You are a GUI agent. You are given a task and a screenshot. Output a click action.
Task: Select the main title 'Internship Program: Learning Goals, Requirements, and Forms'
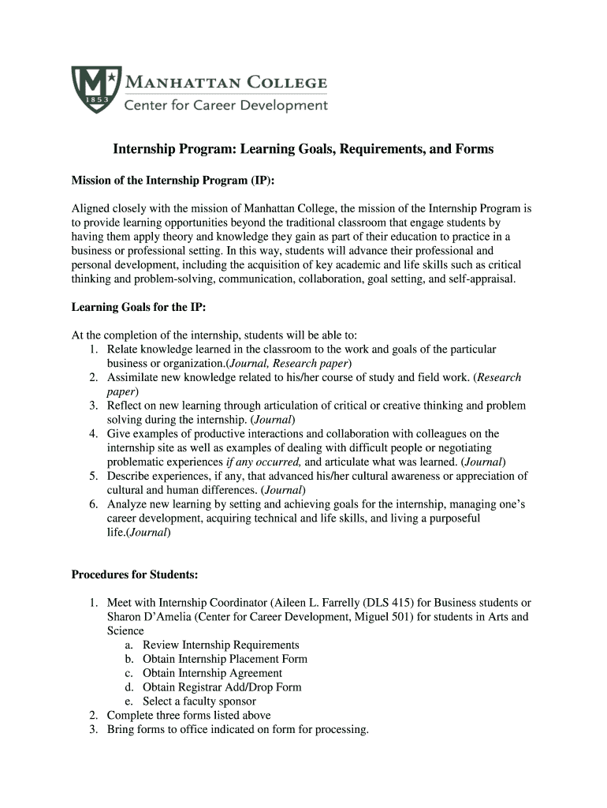[303, 149]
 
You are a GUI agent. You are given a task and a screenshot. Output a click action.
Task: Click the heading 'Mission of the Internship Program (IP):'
[173, 181]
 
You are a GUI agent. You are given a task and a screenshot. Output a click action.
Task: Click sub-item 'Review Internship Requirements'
[221, 645]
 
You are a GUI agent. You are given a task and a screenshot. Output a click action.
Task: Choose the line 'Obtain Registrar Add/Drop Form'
[222, 687]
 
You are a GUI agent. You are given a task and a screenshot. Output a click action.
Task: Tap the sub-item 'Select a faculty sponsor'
[199, 701]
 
